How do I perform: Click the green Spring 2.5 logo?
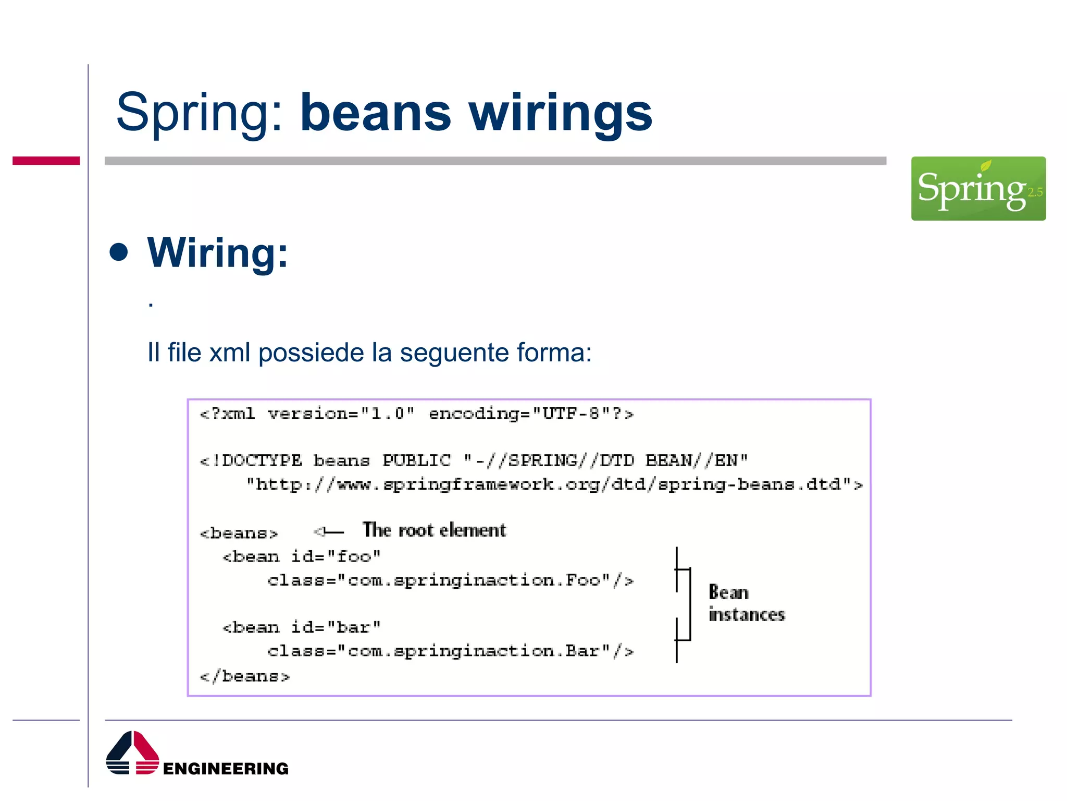click(x=978, y=188)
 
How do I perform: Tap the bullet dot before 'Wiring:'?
click(x=119, y=252)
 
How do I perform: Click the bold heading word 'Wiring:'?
click(x=217, y=252)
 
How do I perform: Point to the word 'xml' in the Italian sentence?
click(x=229, y=353)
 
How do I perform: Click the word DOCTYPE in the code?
click(x=262, y=460)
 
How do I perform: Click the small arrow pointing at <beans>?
click(x=328, y=532)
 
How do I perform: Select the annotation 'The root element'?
click(x=434, y=530)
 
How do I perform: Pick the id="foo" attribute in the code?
click(x=336, y=556)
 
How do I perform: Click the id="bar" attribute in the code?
click(x=336, y=627)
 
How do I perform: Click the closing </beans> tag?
click(x=244, y=676)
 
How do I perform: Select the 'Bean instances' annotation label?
click(x=746, y=603)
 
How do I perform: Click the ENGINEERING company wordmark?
click(x=226, y=769)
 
